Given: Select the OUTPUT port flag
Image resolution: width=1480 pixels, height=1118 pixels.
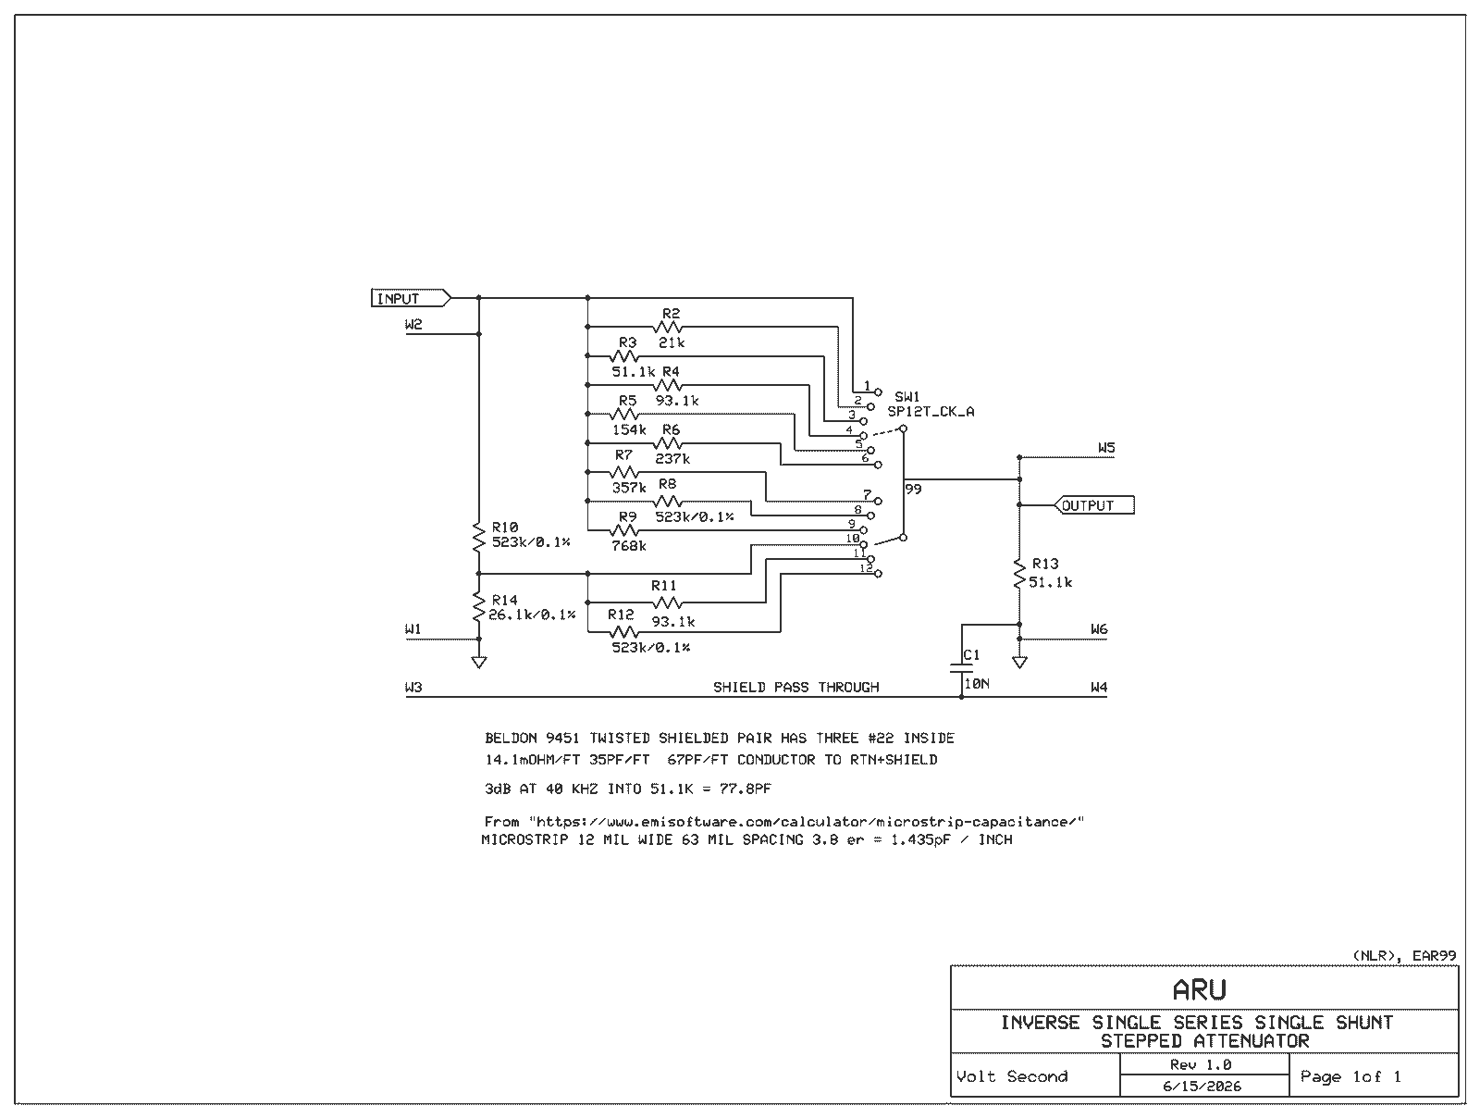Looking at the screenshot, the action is pos(1094,505).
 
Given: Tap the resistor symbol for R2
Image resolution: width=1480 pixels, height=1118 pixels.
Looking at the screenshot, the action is pos(668,327).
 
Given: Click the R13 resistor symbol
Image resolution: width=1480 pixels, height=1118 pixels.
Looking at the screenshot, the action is pos(1019,573).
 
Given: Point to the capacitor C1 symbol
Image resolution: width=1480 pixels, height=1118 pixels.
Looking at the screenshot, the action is pos(961,668).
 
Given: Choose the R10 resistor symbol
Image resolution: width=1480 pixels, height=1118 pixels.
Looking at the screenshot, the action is pos(479,537).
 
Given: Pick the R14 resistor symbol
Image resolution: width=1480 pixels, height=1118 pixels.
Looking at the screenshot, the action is pos(479,607).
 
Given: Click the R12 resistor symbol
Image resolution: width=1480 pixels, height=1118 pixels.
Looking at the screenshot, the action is pos(624,632).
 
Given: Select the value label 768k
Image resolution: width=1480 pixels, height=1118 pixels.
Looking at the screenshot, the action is pos(628,546).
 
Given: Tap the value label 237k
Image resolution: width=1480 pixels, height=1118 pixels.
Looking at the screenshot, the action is pos(672,458).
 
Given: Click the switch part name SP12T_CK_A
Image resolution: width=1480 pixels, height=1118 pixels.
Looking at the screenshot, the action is pos(931,411).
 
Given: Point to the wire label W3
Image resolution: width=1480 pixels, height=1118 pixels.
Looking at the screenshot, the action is pos(413,687).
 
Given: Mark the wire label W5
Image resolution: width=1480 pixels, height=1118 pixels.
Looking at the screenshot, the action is pos(1106,448).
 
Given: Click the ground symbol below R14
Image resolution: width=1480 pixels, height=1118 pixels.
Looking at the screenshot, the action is pos(479,662).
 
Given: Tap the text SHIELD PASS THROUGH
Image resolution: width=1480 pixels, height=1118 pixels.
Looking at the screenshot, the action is pos(796,687).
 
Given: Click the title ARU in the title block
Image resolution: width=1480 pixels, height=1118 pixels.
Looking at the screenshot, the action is pos(1200,989).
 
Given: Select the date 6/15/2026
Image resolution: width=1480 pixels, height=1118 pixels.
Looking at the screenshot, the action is pos(1202,1087).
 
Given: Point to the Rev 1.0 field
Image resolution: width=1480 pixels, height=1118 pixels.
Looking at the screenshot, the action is pos(1202,1064).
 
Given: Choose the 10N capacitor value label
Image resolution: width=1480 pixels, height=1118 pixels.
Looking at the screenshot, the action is pos(977,684).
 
